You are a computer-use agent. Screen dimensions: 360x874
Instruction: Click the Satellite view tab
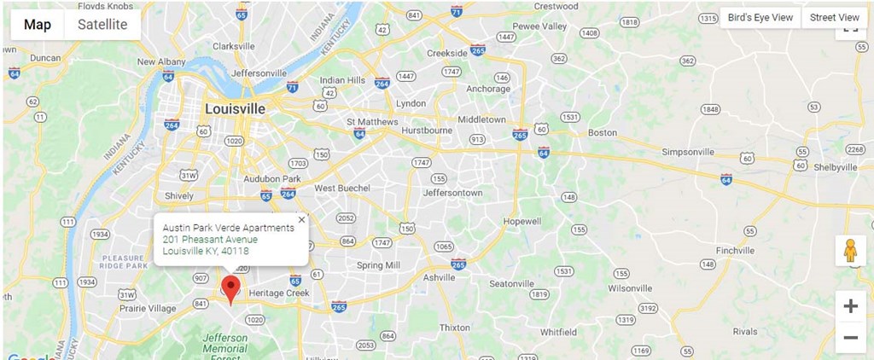click(x=102, y=25)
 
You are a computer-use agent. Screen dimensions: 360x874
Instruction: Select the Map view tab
click(x=38, y=25)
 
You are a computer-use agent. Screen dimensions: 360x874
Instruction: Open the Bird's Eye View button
click(x=760, y=17)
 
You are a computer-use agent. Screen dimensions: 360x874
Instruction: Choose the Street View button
click(x=834, y=17)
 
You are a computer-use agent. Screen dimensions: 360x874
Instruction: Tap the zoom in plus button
click(x=850, y=306)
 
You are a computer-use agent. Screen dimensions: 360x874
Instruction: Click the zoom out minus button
click(x=850, y=337)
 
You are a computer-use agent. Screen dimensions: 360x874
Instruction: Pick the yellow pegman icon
click(x=850, y=251)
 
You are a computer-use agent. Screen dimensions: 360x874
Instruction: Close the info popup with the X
click(x=301, y=219)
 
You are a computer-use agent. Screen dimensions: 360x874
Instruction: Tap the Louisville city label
click(x=235, y=109)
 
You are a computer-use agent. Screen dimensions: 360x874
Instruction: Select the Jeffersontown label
click(x=452, y=193)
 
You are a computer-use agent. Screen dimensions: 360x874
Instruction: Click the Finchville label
click(x=735, y=251)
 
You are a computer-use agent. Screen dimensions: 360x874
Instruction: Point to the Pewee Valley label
click(x=539, y=26)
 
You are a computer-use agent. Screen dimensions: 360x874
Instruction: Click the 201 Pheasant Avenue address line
click(x=209, y=240)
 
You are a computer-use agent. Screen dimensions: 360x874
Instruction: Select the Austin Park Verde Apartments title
click(x=228, y=228)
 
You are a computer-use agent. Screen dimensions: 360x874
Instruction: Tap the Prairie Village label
click(x=147, y=309)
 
